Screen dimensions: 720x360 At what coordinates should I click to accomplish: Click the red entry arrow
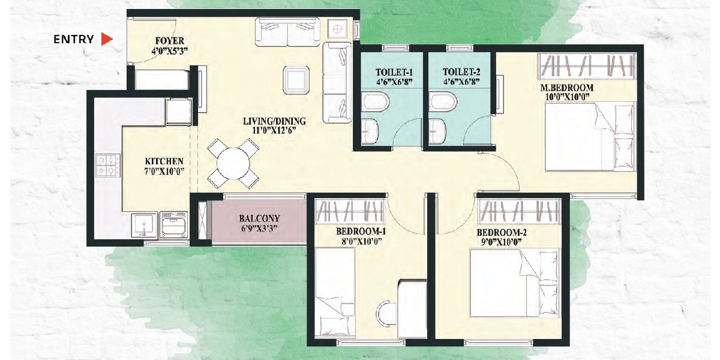pos(106,39)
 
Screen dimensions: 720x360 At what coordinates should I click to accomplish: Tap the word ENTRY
pos(74,39)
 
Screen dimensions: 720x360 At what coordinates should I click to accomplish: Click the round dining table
pos(233,163)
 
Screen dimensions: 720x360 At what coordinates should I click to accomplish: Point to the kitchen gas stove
pos(108,165)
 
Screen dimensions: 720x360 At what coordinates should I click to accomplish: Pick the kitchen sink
pos(144,224)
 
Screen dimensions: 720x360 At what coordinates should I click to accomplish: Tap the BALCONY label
pos(259,218)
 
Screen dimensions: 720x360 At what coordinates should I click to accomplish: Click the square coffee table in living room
pos(296,80)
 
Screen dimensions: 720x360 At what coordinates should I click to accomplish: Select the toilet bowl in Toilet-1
pos(375,102)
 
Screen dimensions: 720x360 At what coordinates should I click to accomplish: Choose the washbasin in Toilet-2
pos(437,131)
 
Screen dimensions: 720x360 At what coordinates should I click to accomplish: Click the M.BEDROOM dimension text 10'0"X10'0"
pos(568,97)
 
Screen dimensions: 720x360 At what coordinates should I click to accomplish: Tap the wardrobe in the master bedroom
pos(587,66)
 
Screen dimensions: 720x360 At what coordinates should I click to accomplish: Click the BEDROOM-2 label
pos(502,232)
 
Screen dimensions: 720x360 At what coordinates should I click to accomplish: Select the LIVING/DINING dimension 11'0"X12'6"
pos(274,130)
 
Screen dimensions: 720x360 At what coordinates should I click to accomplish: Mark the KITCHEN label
pos(164,161)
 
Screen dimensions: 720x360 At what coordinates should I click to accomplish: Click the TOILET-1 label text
pos(394,73)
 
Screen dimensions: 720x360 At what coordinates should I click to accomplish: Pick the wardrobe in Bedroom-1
pos(350,211)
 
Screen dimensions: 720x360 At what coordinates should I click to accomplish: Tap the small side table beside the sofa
pos(337,29)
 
